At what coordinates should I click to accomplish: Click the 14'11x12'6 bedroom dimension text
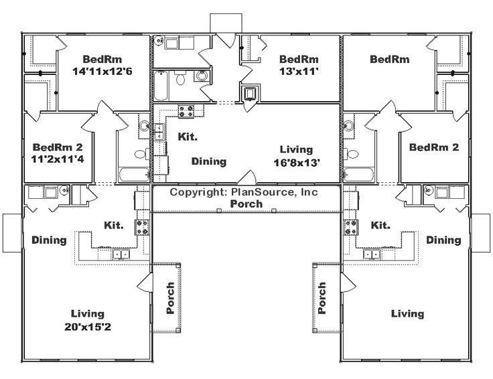[x=102, y=72]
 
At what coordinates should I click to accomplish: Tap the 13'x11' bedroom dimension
[x=299, y=72]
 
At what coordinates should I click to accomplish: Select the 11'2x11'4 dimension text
[x=58, y=159]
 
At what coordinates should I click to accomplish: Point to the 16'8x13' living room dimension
[x=297, y=163]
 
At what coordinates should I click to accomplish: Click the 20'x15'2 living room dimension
[x=88, y=327]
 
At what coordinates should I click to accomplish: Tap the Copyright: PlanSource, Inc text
[x=244, y=192]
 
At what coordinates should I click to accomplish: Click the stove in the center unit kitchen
[x=186, y=112]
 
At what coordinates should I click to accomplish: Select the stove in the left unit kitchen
[x=142, y=227]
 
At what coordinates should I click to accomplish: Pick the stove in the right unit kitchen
[x=351, y=227]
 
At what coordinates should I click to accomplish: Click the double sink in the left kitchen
[x=121, y=254]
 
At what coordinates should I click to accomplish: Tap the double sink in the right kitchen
[x=372, y=254]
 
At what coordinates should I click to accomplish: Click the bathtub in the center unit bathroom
[x=161, y=86]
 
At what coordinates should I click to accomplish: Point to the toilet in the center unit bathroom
[x=180, y=78]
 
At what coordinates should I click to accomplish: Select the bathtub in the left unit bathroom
[x=134, y=175]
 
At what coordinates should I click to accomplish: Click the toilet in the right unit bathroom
[x=352, y=154]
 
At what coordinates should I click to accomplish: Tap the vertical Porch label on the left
[x=170, y=298]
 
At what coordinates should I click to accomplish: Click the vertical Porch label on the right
[x=322, y=298]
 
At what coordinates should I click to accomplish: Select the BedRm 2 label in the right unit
[x=434, y=147]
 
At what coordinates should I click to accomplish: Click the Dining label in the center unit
[x=209, y=161]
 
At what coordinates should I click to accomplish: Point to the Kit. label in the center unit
[x=188, y=137]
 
